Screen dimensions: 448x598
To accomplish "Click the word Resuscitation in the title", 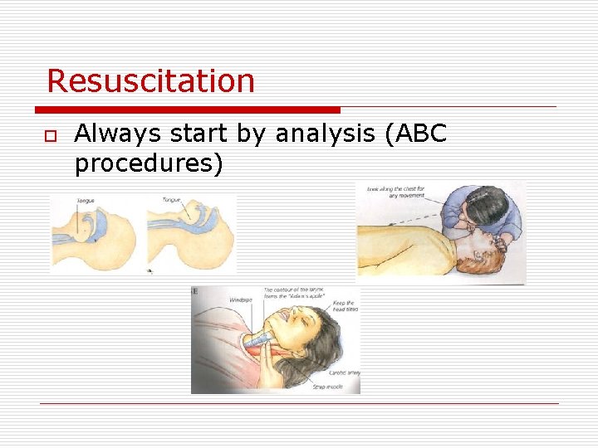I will pos(150,81).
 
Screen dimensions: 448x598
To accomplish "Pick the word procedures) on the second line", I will pos(149,163).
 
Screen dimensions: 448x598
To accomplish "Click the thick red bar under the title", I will pos(188,110).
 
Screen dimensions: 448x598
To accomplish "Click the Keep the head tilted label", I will pos(344,307).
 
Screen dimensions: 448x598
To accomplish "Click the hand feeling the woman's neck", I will pos(274,365).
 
